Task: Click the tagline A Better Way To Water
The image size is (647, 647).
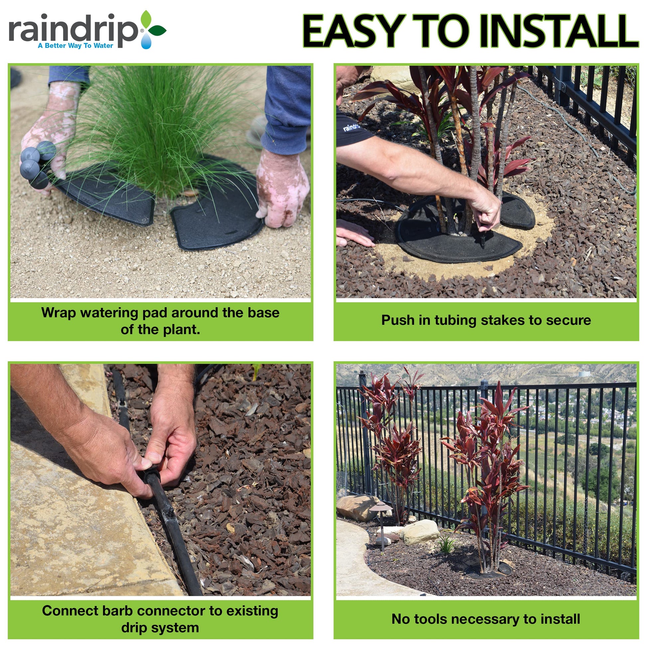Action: pos(75,46)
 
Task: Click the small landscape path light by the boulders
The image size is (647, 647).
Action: pos(381,525)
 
